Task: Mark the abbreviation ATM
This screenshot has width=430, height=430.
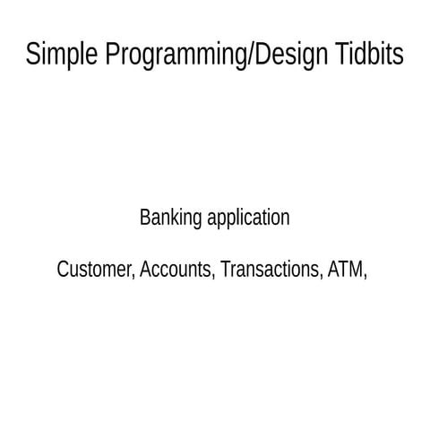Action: (346, 270)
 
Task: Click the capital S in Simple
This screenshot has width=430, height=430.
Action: (33, 55)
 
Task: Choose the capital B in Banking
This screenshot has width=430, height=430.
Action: (145, 218)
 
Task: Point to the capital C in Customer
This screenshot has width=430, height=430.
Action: (63, 270)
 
